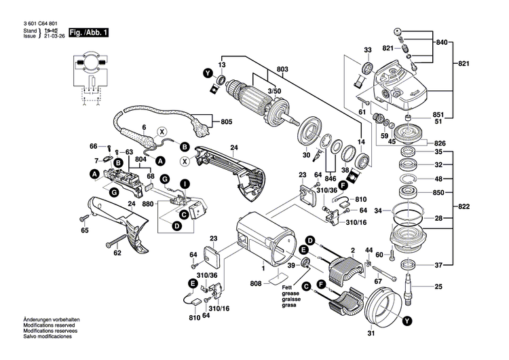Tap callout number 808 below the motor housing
256,283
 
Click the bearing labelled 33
366,67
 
